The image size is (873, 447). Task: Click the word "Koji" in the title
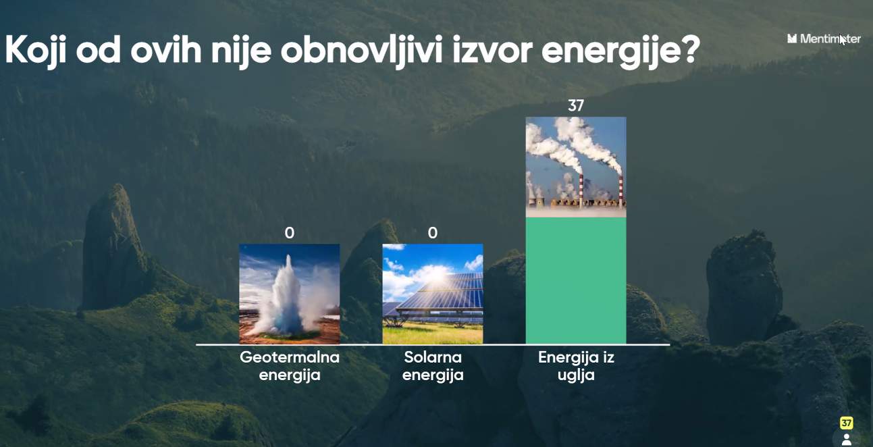pyautogui.click(x=35, y=51)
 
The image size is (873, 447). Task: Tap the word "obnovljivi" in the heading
pyautogui.click(x=362, y=51)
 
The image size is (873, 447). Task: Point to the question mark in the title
pyautogui.click(x=689, y=49)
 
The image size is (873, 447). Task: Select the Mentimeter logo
pyautogui.click(x=824, y=38)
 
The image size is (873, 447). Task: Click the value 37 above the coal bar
pyautogui.click(x=576, y=105)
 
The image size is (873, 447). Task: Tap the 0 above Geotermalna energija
pyautogui.click(x=289, y=233)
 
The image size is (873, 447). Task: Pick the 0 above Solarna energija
pyautogui.click(x=433, y=233)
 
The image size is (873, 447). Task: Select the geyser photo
pyautogui.click(x=289, y=294)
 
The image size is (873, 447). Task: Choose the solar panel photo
pyautogui.click(x=433, y=294)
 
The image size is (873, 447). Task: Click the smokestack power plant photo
pyautogui.click(x=576, y=167)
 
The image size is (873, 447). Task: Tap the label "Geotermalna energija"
pyautogui.click(x=290, y=366)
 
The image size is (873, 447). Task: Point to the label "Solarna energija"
pyautogui.click(x=433, y=366)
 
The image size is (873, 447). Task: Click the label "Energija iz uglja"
pyautogui.click(x=576, y=366)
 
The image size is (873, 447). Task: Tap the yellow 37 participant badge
pyautogui.click(x=846, y=423)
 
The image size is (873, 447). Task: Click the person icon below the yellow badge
pyautogui.click(x=847, y=440)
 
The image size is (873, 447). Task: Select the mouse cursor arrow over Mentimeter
pyautogui.click(x=843, y=39)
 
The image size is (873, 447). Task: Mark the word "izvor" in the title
pyautogui.click(x=492, y=51)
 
